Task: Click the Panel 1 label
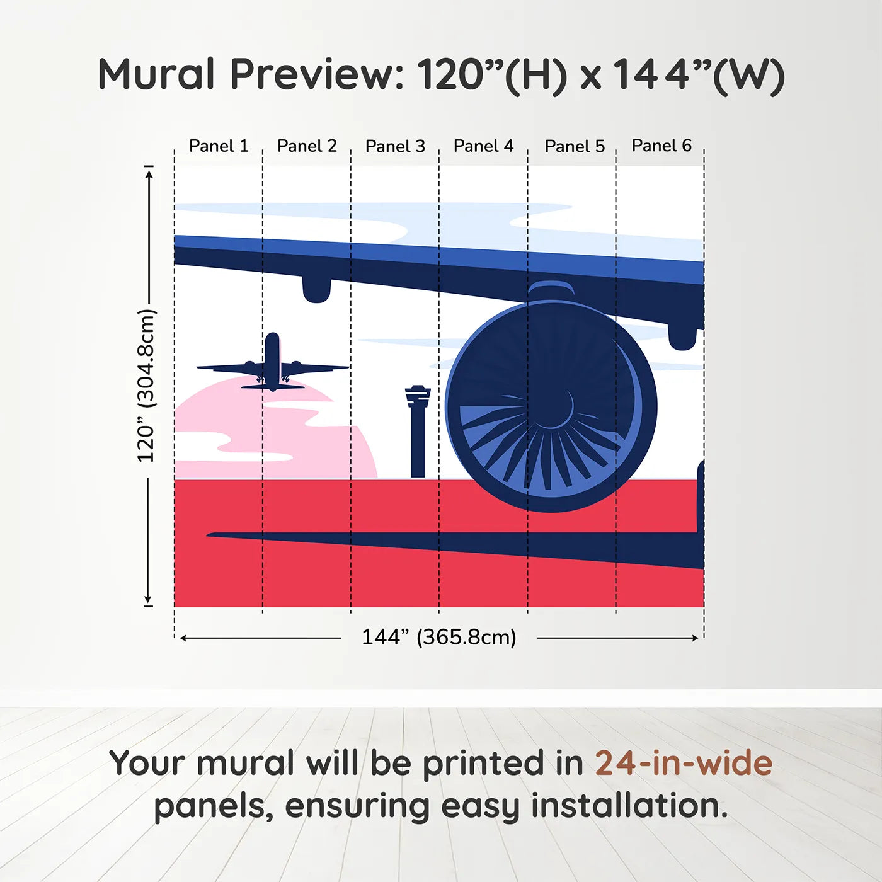point(219,146)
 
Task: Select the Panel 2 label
point(307,146)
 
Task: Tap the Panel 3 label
point(395,146)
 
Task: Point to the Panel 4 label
point(483,146)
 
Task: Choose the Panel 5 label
point(575,146)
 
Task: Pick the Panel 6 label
point(661,146)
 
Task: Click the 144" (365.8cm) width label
point(438,637)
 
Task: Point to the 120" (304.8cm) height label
point(146,386)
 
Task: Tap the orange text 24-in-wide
point(683,763)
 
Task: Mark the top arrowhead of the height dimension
point(149,173)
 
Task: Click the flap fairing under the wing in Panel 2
point(316,289)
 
